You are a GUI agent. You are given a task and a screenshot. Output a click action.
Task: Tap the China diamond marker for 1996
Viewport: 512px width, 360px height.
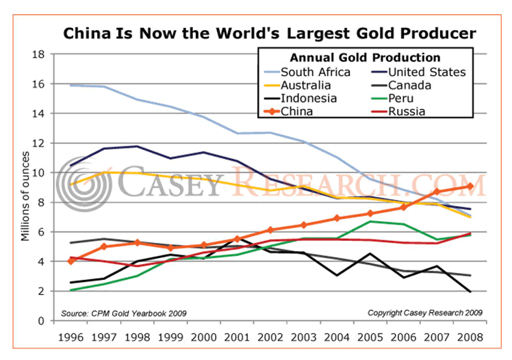click(71, 261)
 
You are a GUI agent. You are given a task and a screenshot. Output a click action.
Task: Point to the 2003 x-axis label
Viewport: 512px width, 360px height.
click(303, 338)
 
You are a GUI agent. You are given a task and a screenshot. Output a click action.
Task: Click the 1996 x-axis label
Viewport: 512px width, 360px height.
click(71, 338)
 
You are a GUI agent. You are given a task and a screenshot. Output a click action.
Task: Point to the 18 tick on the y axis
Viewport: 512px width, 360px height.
click(40, 54)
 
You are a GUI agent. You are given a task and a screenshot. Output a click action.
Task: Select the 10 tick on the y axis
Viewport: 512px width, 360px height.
click(40, 172)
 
